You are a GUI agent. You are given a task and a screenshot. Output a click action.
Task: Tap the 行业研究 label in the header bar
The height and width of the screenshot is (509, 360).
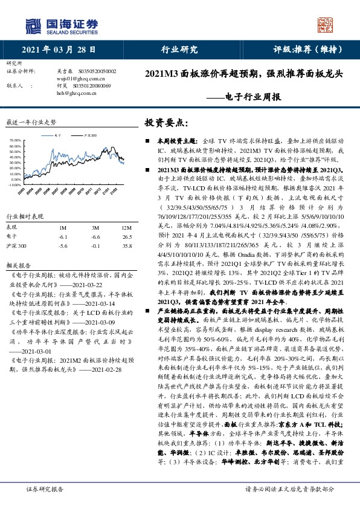point(179,50)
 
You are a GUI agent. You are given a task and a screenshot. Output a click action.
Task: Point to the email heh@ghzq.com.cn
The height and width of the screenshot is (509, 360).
point(77,94)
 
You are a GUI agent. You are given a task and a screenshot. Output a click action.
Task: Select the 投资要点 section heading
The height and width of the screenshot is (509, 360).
point(162,122)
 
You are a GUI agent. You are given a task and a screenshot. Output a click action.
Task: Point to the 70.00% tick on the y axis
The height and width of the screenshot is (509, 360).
point(15,140)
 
